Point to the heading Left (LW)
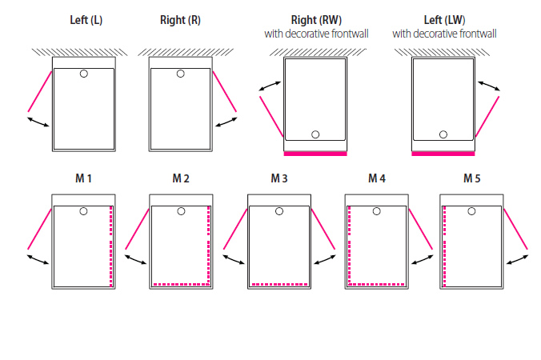pos(444,21)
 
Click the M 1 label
pos(84,178)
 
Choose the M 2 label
pos(181,178)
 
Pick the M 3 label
pos(279,178)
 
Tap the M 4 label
pos(377,178)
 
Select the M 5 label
pos(473,178)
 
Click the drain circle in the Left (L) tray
pos(84,74)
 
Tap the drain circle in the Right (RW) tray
pos(315,134)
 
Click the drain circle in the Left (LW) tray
pos(443,134)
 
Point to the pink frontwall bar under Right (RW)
pos(315,152)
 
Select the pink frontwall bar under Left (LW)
pos(443,152)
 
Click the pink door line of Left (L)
pos(40,90)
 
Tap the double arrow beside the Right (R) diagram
pos(227,122)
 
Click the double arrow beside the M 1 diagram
pos(37,261)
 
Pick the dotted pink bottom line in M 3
pos(279,284)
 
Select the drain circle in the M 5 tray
pos(473,211)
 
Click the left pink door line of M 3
pos(235,228)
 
